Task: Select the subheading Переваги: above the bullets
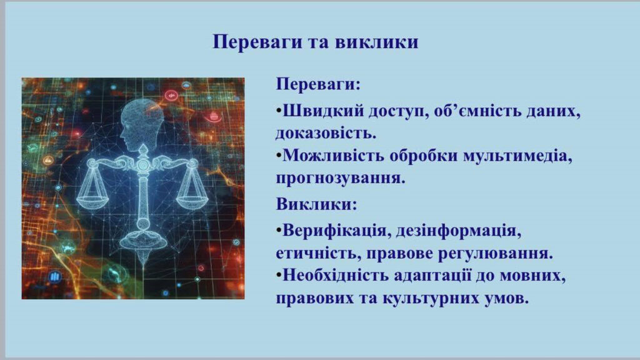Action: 318,84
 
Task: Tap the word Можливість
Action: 333,156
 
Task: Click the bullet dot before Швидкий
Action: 279,111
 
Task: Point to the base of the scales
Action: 143,241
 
